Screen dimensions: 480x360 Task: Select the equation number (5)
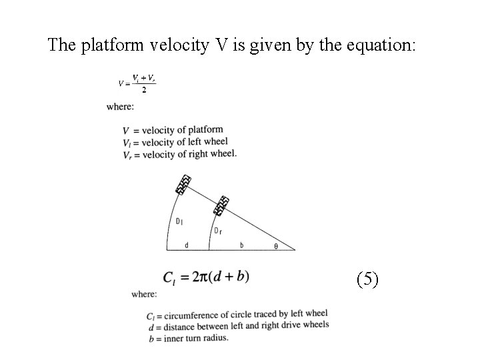pyautogui.click(x=367, y=279)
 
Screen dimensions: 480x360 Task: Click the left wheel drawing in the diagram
pyautogui.click(x=183, y=183)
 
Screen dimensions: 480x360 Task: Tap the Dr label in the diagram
pyautogui.click(x=217, y=231)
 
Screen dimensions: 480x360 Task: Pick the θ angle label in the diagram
pyautogui.click(x=277, y=246)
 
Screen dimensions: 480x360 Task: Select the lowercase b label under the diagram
pyautogui.click(x=241, y=245)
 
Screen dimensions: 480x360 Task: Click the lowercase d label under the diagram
pyautogui.click(x=186, y=245)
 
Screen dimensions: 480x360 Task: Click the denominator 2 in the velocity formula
pyautogui.click(x=143, y=91)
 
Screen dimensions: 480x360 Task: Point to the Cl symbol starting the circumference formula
pyautogui.click(x=169, y=277)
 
